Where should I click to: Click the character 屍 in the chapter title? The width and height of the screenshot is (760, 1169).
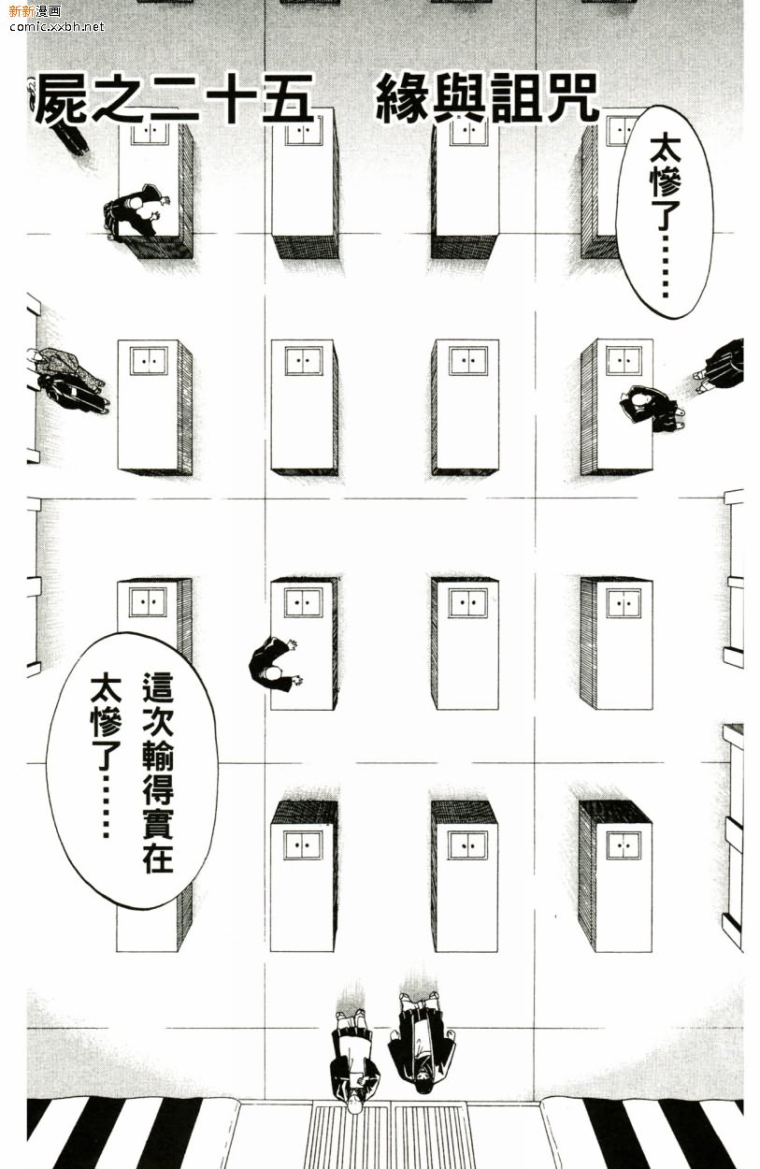(x=61, y=100)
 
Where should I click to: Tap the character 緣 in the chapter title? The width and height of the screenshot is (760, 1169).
(x=402, y=100)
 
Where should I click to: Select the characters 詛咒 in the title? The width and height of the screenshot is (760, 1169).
(x=541, y=100)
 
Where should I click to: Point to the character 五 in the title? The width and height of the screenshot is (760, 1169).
(x=286, y=100)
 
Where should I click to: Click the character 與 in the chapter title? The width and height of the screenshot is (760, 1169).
(x=457, y=100)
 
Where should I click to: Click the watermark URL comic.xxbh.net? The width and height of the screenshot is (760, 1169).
(x=56, y=26)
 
